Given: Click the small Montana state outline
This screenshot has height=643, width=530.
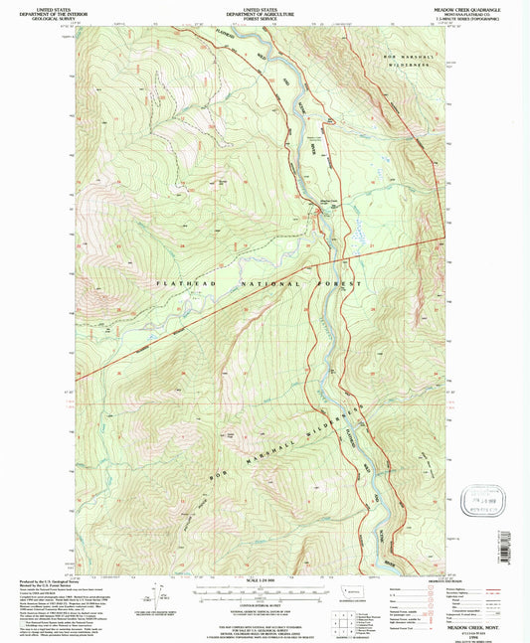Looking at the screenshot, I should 348,590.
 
